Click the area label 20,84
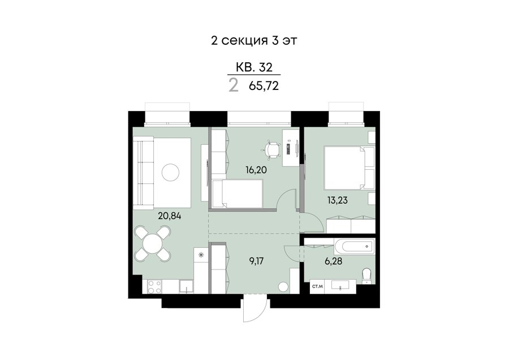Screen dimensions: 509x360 (170, 216)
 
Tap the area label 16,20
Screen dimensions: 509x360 (256, 170)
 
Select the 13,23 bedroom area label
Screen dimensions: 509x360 (337, 200)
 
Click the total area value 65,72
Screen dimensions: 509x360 (264, 86)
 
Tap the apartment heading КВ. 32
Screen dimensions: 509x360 (254, 67)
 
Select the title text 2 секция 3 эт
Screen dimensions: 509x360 (254, 41)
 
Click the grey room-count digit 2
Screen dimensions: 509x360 (234, 86)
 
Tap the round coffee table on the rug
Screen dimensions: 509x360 (170, 172)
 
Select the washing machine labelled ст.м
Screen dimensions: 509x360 (317, 286)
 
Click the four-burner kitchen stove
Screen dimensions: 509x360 (155, 287)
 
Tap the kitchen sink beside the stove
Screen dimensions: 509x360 (187, 287)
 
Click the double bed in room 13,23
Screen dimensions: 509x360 (350, 168)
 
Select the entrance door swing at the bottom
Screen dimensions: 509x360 (255, 310)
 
